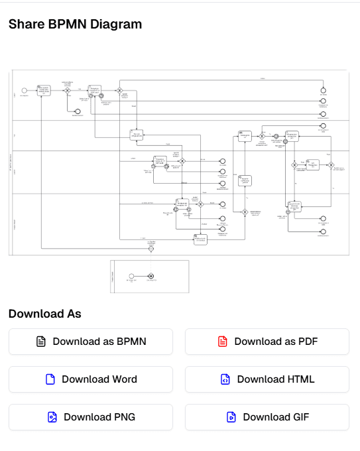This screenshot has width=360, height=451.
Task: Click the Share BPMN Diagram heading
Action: [75, 25]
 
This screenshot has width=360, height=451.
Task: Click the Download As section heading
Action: [44, 314]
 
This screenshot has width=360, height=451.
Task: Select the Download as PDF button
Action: [267, 342]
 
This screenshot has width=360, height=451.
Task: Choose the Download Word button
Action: [90, 379]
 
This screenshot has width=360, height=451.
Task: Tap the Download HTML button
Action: [267, 379]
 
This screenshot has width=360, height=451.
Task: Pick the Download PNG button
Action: [90, 417]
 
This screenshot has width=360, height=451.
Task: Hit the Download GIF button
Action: [267, 417]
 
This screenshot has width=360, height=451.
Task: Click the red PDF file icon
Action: [222, 342]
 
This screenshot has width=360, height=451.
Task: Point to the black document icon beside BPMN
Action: [41, 342]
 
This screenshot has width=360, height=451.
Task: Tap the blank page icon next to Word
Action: [50, 379]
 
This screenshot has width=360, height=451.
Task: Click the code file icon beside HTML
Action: [225, 379]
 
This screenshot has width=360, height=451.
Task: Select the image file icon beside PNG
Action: [52, 417]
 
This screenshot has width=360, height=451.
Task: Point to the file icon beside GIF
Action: [231, 417]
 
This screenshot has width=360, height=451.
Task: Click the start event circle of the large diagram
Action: [25, 90]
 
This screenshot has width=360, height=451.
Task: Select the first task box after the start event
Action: [44, 90]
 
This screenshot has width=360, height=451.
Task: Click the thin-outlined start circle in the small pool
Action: [131, 275]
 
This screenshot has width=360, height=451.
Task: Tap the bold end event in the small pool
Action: [151, 275]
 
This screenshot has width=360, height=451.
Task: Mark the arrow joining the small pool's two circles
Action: [141, 275]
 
